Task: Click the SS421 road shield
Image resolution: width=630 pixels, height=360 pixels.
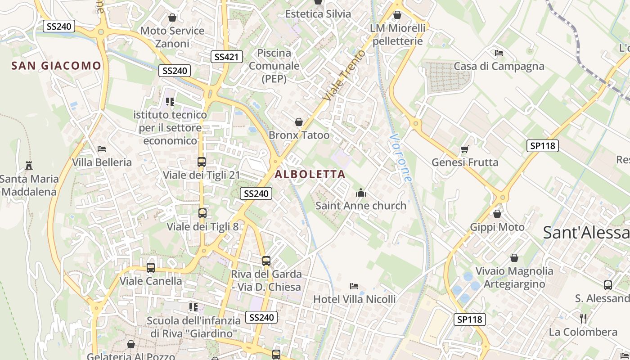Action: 227,57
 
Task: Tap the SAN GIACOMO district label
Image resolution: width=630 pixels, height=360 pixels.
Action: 56,66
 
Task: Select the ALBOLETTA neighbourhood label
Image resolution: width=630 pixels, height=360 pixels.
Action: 310,174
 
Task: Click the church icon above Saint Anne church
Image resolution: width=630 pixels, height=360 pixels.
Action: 361,193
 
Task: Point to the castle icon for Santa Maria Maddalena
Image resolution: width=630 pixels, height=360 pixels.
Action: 29,166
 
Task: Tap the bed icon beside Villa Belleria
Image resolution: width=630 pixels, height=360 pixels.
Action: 102,149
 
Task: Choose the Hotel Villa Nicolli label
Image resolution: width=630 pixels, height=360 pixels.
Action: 354,299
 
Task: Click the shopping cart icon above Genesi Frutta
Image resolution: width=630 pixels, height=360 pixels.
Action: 465,149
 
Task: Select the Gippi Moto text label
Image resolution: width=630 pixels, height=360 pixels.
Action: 497,227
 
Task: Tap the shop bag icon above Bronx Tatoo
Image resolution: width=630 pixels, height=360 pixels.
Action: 298,122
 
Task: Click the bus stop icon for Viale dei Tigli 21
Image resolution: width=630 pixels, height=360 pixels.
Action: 202,162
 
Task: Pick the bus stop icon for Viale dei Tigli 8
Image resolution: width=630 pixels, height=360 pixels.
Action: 202,213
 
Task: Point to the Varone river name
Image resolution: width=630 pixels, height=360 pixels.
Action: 400,157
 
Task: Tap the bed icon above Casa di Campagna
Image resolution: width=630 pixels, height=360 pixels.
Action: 499,53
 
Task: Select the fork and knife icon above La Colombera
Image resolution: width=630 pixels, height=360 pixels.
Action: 583,319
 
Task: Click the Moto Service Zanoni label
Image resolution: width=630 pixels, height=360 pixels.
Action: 172,37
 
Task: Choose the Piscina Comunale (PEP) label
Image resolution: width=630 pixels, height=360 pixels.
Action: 274,66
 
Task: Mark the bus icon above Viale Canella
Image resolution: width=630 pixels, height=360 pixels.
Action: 151,268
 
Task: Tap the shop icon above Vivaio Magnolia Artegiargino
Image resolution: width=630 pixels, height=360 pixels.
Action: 514,258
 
